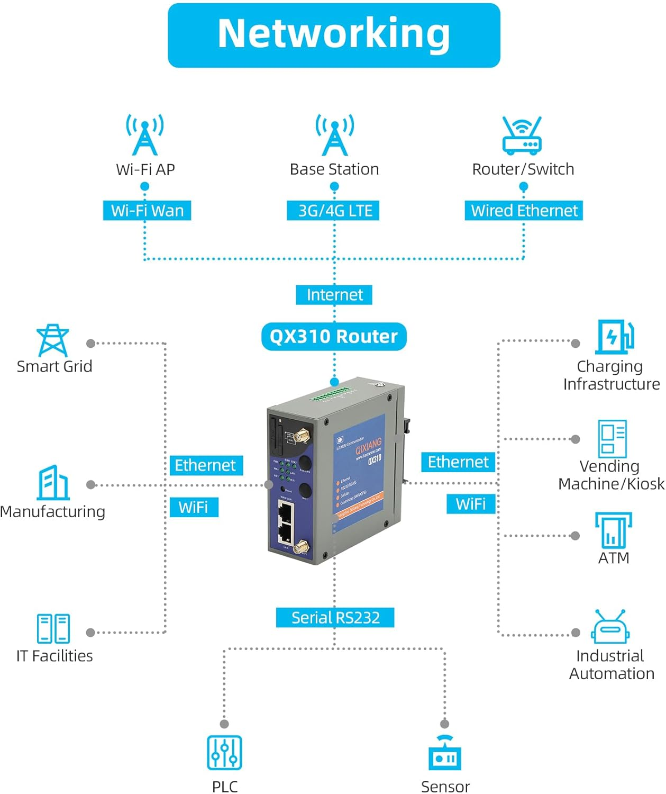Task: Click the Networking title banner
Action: coord(334,35)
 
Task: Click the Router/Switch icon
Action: coord(522,136)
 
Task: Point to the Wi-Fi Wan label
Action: coord(147,211)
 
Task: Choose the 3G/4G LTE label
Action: coord(334,211)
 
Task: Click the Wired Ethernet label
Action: coord(524,211)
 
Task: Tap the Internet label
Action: coord(334,295)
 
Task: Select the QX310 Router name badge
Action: coord(334,337)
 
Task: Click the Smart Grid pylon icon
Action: coord(52,340)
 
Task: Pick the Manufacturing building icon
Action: coord(53,483)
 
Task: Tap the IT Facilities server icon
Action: coord(53,628)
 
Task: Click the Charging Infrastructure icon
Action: coord(614,337)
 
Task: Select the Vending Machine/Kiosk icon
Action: coord(612,438)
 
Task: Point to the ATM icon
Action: coord(613,530)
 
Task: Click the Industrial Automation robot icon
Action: coord(610,627)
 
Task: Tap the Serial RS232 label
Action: coord(335,618)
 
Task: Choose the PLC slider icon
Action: coord(224,752)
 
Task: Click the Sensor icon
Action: coord(445,753)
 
